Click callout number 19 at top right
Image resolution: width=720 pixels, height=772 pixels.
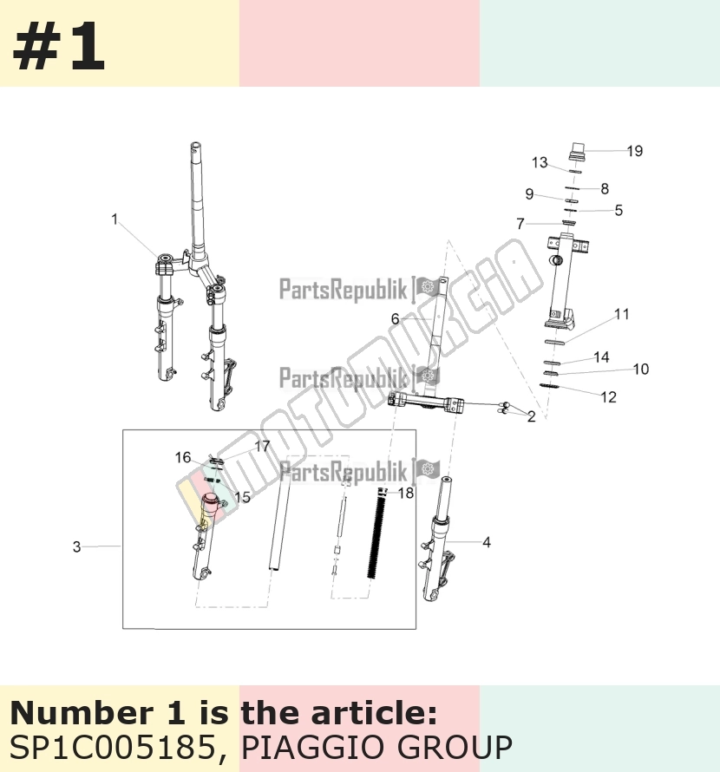click(635, 151)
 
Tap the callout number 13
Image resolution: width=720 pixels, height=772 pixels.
click(540, 162)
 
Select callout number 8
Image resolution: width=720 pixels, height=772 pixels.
click(605, 188)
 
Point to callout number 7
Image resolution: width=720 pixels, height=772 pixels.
click(520, 224)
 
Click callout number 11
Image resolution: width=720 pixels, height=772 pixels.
click(622, 314)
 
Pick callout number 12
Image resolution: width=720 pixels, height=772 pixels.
click(609, 397)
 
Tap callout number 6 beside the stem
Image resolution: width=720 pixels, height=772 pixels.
click(395, 319)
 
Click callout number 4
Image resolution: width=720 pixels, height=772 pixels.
click(487, 542)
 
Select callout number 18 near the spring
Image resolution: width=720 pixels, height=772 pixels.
click(406, 493)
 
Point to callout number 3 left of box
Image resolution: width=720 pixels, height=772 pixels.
click(77, 547)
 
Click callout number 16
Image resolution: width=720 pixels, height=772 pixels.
click(183, 457)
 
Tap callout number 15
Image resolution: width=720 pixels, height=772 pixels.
click(242, 497)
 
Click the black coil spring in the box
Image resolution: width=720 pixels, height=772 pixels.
click(378, 537)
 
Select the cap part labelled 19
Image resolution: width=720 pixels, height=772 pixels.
click(576, 151)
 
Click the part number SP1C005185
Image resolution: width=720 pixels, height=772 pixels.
click(112, 747)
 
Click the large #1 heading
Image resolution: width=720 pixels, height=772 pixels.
click(59, 47)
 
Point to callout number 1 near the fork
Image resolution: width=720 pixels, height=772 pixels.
click(115, 219)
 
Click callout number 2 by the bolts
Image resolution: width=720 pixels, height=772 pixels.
click(531, 416)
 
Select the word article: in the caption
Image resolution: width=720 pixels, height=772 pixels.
click(374, 713)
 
